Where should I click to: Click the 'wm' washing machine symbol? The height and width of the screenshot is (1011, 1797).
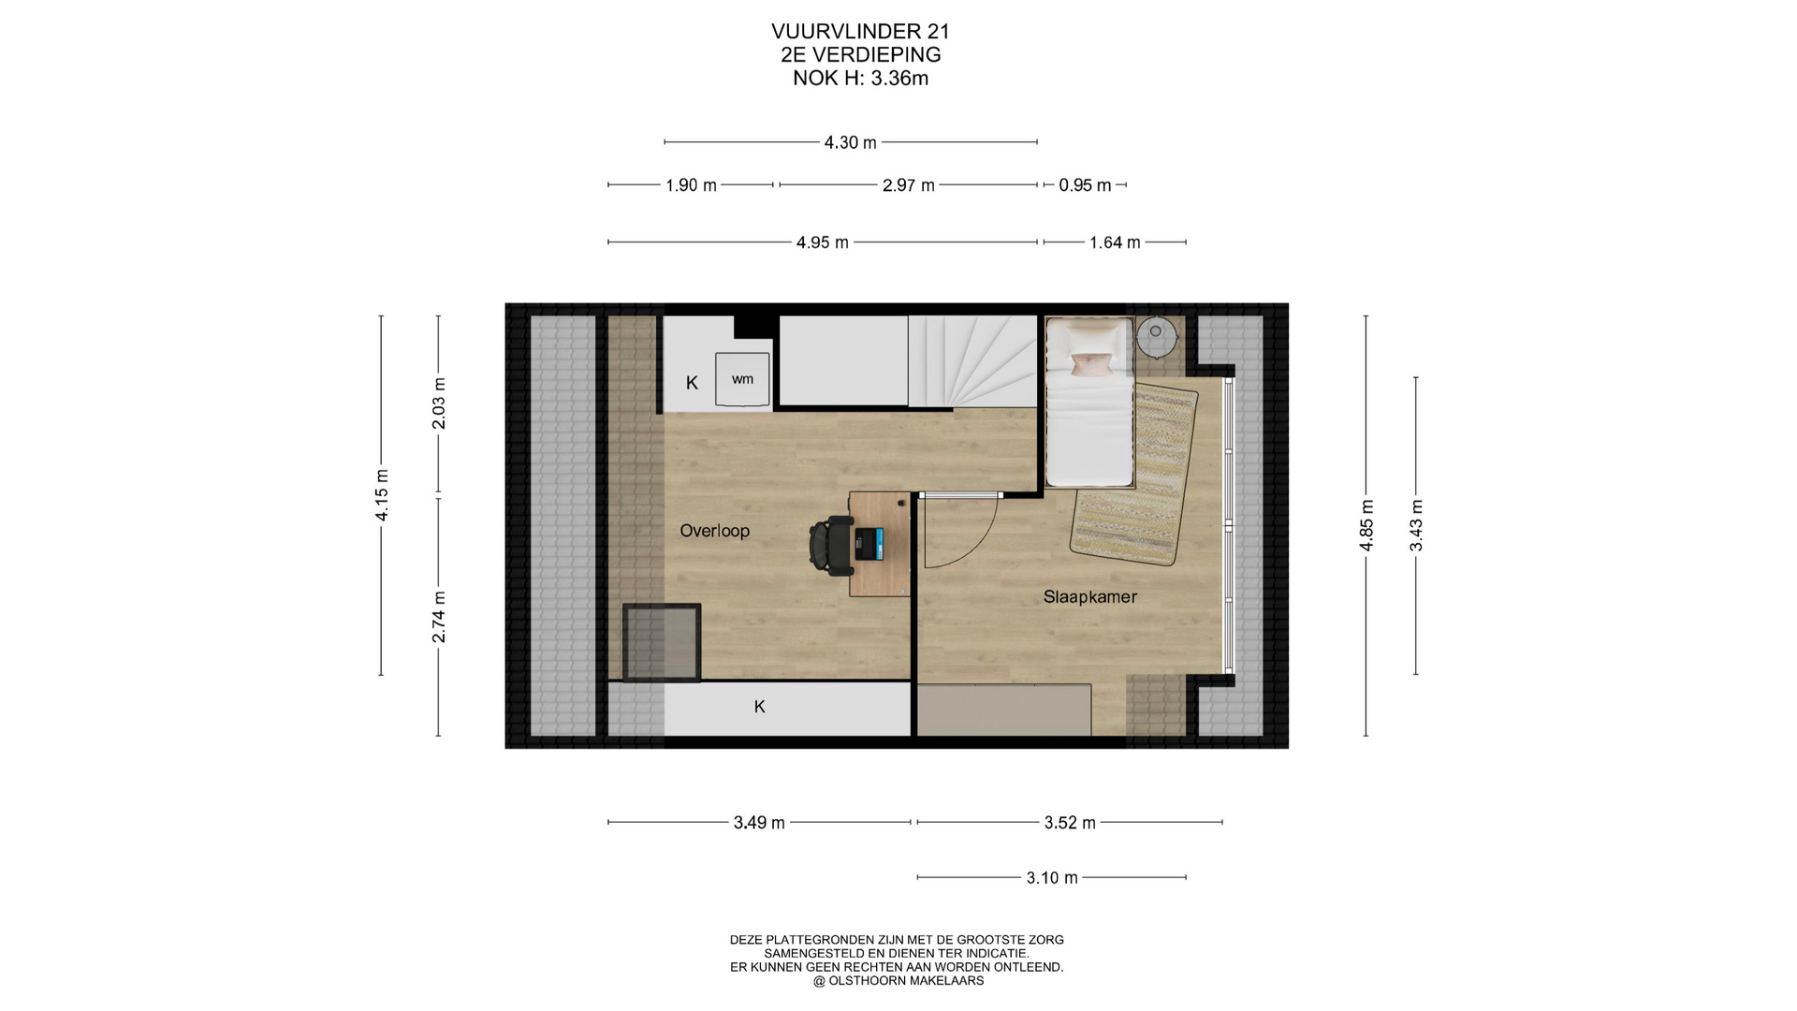click(x=742, y=379)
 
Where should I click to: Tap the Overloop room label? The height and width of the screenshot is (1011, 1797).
click(x=714, y=531)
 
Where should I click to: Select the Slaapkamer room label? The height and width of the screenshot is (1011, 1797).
click(x=1089, y=596)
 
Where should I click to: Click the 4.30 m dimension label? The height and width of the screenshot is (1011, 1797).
click(x=850, y=142)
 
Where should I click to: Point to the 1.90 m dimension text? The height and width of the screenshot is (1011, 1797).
click(x=691, y=185)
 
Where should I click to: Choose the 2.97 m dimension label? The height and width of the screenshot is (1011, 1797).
click(x=908, y=185)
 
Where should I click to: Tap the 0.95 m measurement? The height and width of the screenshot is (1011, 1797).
click(x=1085, y=185)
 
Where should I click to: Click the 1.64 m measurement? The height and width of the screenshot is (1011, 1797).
click(x=1115, y=242)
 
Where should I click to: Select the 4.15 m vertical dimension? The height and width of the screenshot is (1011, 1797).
click(x=382, y=495)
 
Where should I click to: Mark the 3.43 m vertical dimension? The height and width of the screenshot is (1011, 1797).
click(x=1416, y=525)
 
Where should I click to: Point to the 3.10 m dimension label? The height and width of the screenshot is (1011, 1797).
click(x=1052, y=878)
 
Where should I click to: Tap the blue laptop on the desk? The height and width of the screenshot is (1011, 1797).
click(x=868, y=544)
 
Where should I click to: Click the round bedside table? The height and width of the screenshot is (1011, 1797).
click(x=1157, y=337)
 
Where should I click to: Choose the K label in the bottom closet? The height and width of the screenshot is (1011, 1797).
click(x=759, y=707)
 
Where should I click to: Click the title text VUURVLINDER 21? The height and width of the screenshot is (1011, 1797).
click(x=860, y=33)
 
